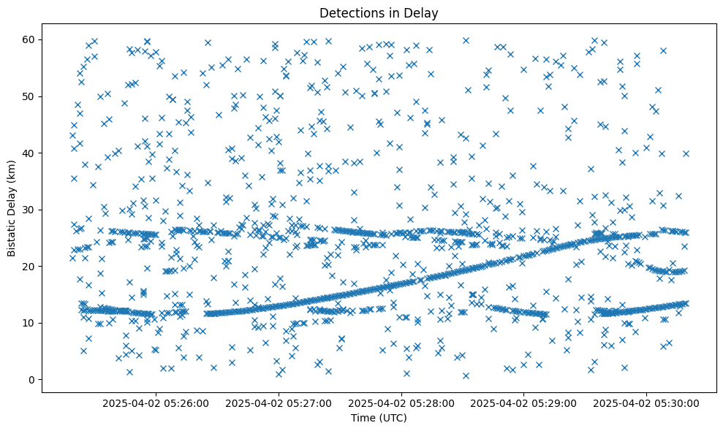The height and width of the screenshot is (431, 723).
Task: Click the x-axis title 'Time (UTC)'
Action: point(379,418)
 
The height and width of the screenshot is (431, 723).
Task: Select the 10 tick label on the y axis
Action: point(29,323)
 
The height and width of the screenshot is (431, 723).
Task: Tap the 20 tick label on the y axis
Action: point(29,267)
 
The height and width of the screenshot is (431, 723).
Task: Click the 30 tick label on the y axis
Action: point(29,210)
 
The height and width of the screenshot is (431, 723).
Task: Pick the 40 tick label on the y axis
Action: point(29,153)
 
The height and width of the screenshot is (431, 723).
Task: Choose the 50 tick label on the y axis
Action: point(29,96)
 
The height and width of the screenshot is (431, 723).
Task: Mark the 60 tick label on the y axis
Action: point(29,39)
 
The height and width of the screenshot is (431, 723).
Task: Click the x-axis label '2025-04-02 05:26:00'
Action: point(156,403)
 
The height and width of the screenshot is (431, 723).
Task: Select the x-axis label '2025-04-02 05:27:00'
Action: point(279,403)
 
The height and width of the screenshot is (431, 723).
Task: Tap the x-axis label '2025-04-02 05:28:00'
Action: point(401,403)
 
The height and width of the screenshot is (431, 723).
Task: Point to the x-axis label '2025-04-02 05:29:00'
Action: point(524,403)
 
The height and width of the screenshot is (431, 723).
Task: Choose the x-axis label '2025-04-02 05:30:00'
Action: point(647,403)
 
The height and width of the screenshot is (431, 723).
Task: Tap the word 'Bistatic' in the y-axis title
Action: point(12,237)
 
